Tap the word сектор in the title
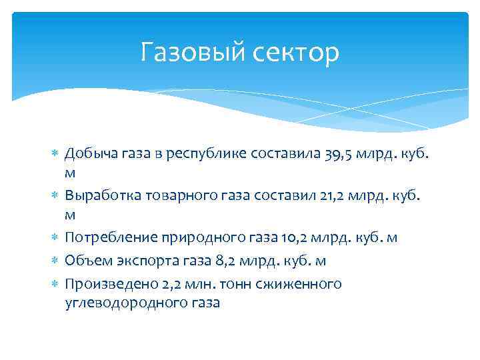coord(297,52)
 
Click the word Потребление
coord(103,238)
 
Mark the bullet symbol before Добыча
coord(55,155)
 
